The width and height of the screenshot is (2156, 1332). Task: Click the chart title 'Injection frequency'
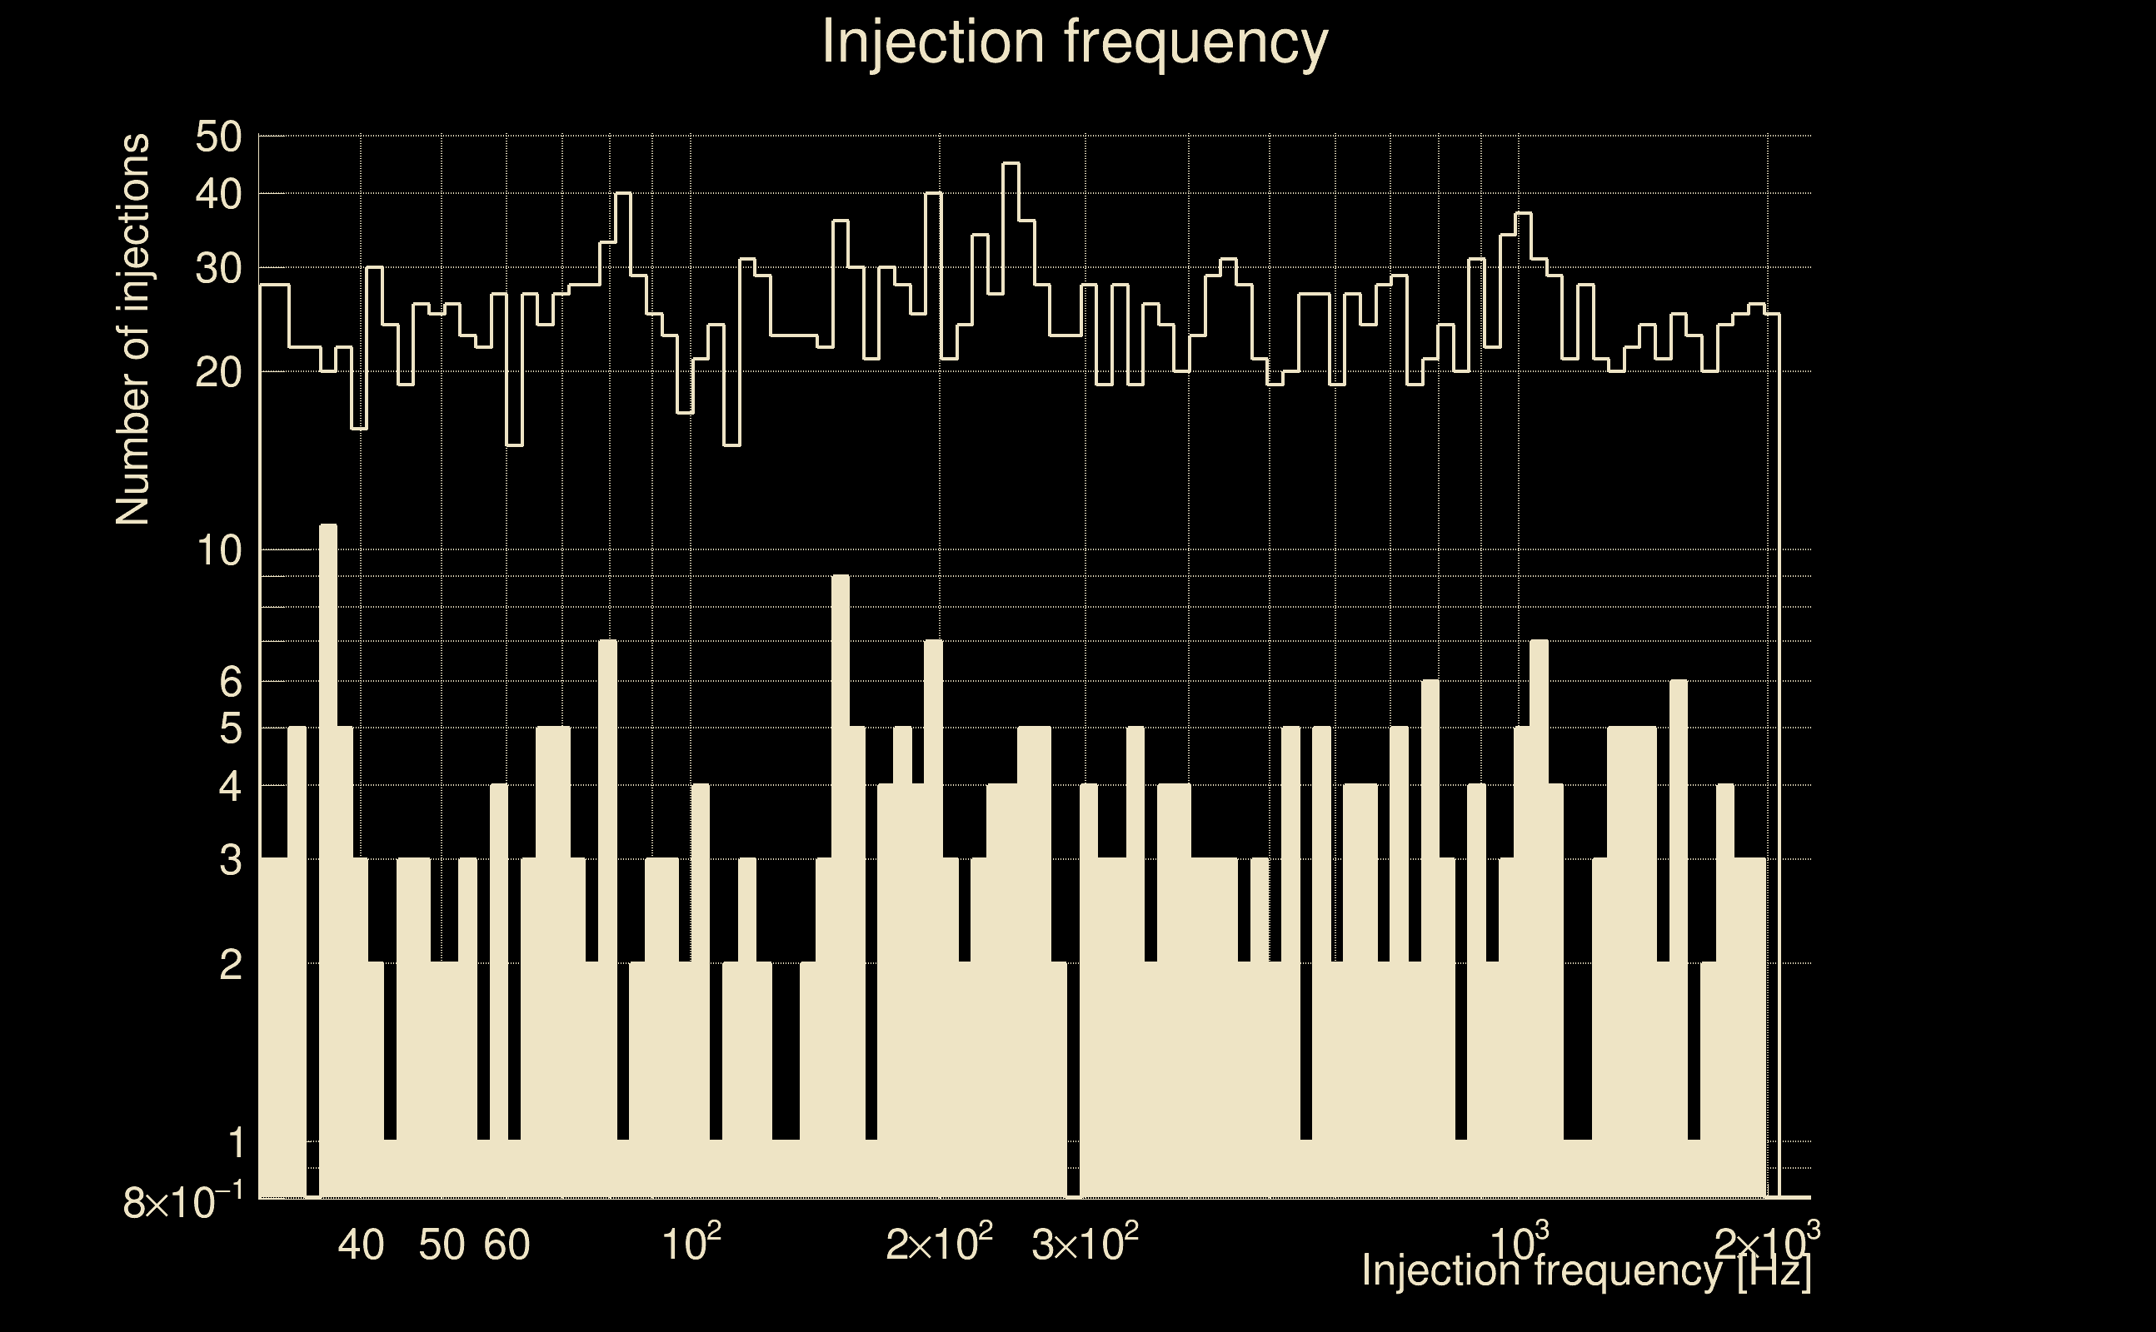(x=1075, y=42)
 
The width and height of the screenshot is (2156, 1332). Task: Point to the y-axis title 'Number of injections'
(x=132, y=330)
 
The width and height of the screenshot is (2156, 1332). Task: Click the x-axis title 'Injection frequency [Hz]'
(x=1585, y=1270)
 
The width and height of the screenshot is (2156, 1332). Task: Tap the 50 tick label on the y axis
(x=217, y=137)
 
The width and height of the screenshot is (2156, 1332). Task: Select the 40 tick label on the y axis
(x=217, y=195)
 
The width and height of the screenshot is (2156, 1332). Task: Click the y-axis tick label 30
(x=217, y=269)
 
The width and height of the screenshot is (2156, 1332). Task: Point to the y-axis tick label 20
(x=217, y=373)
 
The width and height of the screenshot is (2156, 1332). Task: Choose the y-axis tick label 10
(x=217, y=551)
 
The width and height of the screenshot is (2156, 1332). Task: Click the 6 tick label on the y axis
(x=230, y=681)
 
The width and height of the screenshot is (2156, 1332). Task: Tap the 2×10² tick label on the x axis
(x=939, y=1244)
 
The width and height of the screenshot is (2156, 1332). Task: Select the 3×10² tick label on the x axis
(x=1084, y=1244)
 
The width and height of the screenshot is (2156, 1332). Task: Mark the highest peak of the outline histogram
(x=1011, y=164)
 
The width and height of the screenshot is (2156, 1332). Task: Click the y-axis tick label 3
(x=230, y=860)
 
